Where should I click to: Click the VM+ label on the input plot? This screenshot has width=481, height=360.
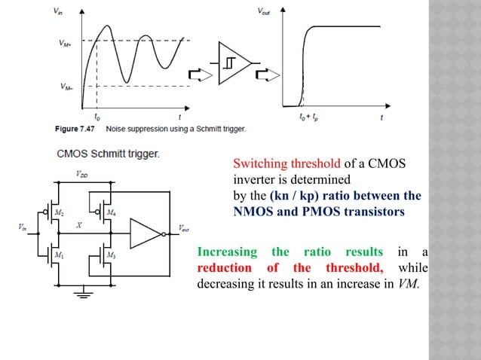coord(66,43)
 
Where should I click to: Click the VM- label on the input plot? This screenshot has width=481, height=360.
coord(66,87)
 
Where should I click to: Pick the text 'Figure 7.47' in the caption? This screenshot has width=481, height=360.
coord(76,129)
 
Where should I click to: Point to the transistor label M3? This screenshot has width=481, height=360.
coord(111,255)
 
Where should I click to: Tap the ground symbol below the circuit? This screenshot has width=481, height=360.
coord(81,293)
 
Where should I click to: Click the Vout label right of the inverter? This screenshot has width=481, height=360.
coord(184,229)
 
